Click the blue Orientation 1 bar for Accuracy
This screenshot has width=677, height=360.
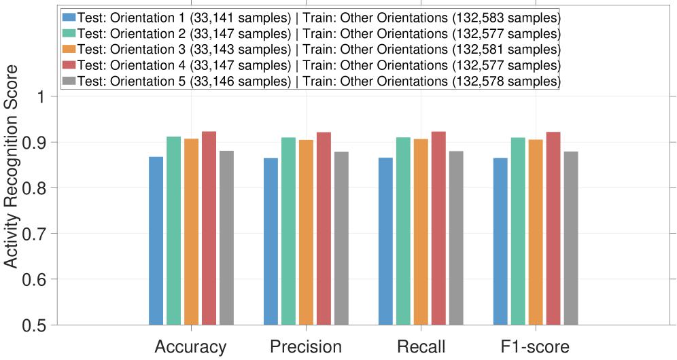pyautogui.click(x=156, y=241)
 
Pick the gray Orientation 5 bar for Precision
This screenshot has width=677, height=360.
pyautogui.click(x=341, y=238)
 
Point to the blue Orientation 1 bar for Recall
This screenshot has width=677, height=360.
pyautogui.click(x=386, y=241)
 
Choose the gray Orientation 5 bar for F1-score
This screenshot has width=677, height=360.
pyautogui.click(x=572, y=238)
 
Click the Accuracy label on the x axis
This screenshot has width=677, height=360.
pyautogui.click(x=190, y=346)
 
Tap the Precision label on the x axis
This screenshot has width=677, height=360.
pyautogui.click(x=306, y=346)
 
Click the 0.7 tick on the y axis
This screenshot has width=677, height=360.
pyautogui.click(x=42, y=234)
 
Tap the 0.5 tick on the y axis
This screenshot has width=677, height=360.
pyautogui.click(x=42, y=325)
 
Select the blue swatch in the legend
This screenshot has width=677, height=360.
pyautogui.click(x=69, y=17)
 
